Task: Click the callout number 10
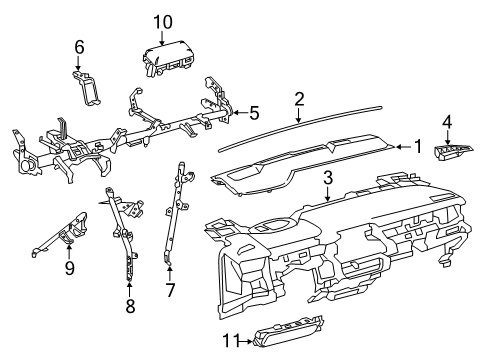[x=162, y=22]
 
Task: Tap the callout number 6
[x=79, y=46]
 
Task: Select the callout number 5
[x=254, y=113]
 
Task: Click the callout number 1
[x=418, y=146]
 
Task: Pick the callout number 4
[x=447, y=122]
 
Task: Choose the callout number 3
[x=327, y=177]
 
